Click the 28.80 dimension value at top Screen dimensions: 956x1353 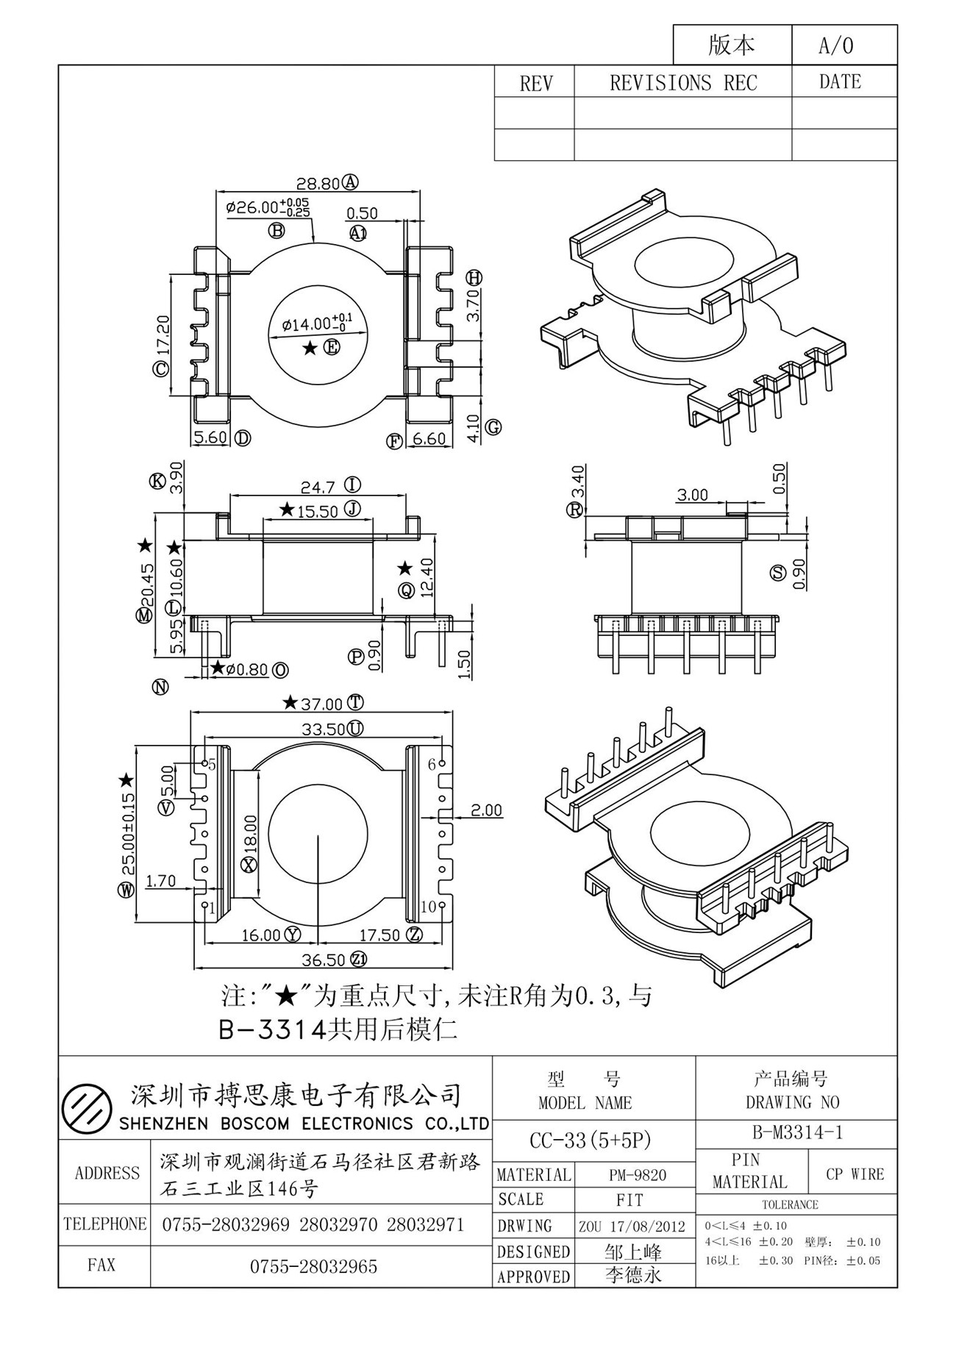pyautogui.click(x=318, y=183)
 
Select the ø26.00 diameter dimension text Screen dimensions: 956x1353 pyautogui.click(x=268, y=207)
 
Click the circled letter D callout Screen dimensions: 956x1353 pyautogui.click(x=242, y=439)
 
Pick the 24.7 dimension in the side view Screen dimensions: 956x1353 pyautogui.click(x=318, y=487)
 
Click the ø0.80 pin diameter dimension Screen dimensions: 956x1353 pyautogui.click(x=247, y=670)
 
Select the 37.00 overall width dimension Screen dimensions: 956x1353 pyautogui.click(x=322, y=704)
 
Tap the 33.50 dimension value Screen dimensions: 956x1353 pyautogui.click(x=323, y=729)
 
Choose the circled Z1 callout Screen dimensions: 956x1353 pyautogui.click(x=359, y=960)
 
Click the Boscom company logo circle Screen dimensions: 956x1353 pyautogui.click(x=87, y=1109)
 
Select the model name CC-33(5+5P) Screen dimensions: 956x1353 pyautogui.click(x=591, y=1140)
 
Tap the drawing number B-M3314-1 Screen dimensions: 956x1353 pyautogui.click(x=796, y=1132)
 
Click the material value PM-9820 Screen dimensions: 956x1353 pyautogui.click(x=638, y=1175)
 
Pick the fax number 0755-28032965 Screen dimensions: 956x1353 pyautogui.click(x=314, y=1266)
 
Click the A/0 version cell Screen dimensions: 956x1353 pyautogui.click(x=837, y=46)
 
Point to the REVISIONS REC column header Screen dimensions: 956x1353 pyautogui.click(x=683, y=83)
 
